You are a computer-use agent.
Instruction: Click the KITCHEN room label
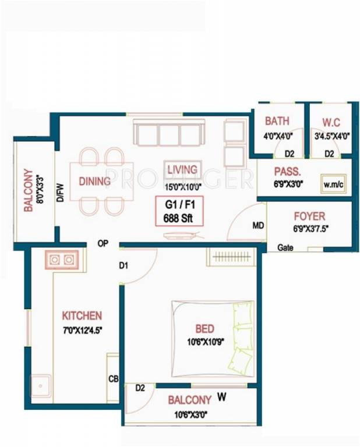click(82, 316)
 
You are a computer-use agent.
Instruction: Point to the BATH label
click(277, 122)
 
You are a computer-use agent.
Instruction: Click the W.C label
click(330, 122)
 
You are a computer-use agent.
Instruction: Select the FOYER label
click(309, 216)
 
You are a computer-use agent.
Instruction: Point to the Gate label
click(285, 247)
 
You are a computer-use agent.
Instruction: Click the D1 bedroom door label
click(123, 266)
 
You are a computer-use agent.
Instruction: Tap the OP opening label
click(103, 244)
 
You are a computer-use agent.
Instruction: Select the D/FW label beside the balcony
click(61, 191)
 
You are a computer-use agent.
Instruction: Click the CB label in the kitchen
click(114, 379)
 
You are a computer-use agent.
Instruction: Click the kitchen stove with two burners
click(62, 260)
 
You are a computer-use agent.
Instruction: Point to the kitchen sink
click(40, 385)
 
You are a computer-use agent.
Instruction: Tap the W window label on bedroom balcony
click(221, 398)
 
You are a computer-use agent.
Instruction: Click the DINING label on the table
click(95, 181)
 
